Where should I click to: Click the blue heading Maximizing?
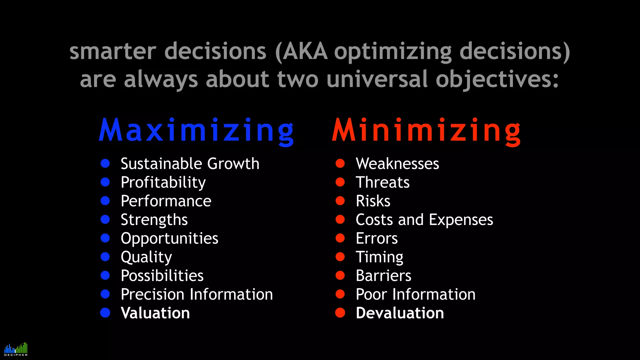(x=196, y=131)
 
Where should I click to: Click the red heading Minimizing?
(x=426, y=131)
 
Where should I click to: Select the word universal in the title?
(x=377, y=79)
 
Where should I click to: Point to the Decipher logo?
(x=16, y=349)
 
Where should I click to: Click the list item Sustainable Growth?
(x=190, y=164)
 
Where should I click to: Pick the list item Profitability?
(x=163, y=182)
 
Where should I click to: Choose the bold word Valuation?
(x=155, y=313)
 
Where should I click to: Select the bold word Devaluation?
(x=400, y=313)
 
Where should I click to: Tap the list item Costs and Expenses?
(x=424, y=220)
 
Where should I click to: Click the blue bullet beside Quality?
(x=105, y=257)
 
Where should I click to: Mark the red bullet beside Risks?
(x=340, y=201)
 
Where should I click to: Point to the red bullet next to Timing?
(x=340, y=257)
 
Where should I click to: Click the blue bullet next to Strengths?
(x=105, y=219)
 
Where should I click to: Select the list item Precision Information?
(x=197, y=294)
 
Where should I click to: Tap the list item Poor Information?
(x=416, y=294)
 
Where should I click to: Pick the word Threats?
(x=382, y=182)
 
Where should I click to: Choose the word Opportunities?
(x=169, y=239)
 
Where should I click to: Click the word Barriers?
(x=383, y=276)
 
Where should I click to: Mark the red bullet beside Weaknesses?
(x=340, y=163)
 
